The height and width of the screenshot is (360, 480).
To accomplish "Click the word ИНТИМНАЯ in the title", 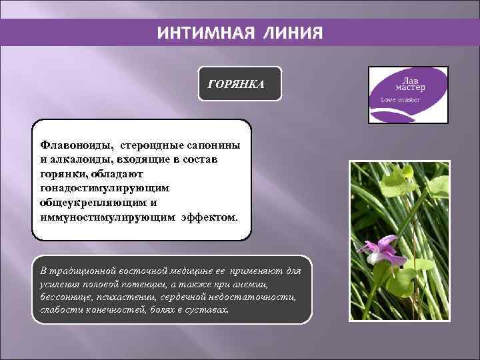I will click(x=198, y=33).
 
